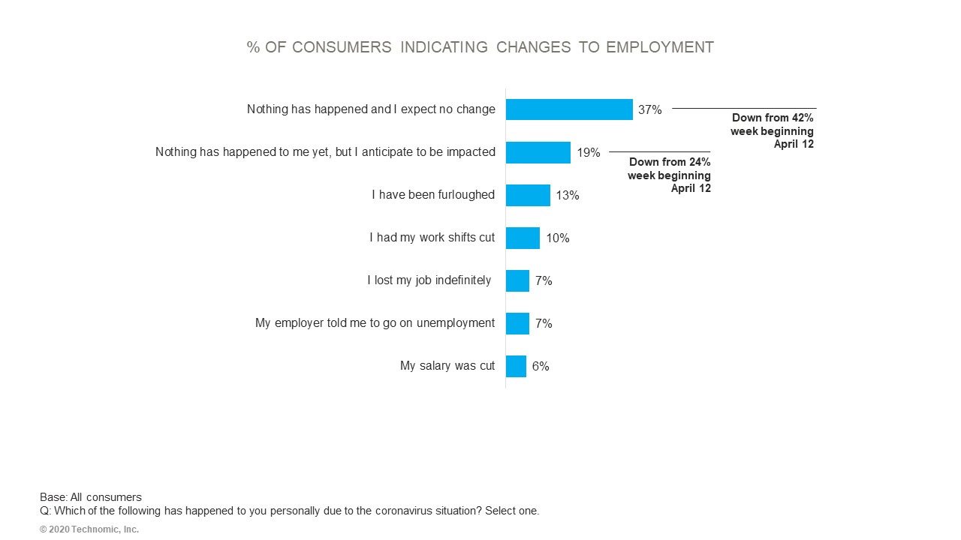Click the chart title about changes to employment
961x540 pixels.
coord(480,47)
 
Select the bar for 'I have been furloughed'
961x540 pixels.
coord(528,195)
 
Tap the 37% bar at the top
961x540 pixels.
coord(569,109)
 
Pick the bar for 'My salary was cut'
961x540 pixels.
coord(516,366)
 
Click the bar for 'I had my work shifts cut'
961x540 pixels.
coord(523,238)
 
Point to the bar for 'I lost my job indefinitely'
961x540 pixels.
coord(517,280)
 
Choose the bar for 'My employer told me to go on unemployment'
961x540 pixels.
coord(517,323)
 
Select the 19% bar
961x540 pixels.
coord(538,152)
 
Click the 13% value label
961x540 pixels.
coord(568,195)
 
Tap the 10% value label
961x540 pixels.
coord(558,238)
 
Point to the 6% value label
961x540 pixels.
coord(541,366)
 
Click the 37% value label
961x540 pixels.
coord(650,109)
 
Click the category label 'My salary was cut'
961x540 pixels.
coord(447,366)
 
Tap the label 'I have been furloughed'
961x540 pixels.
coord(433,195)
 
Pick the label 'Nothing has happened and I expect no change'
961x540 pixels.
coord(371,109)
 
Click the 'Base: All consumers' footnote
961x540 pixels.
coord(91,497)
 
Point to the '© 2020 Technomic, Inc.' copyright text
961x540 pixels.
coord(89,529)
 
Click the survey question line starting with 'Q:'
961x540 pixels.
coord(289,511)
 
